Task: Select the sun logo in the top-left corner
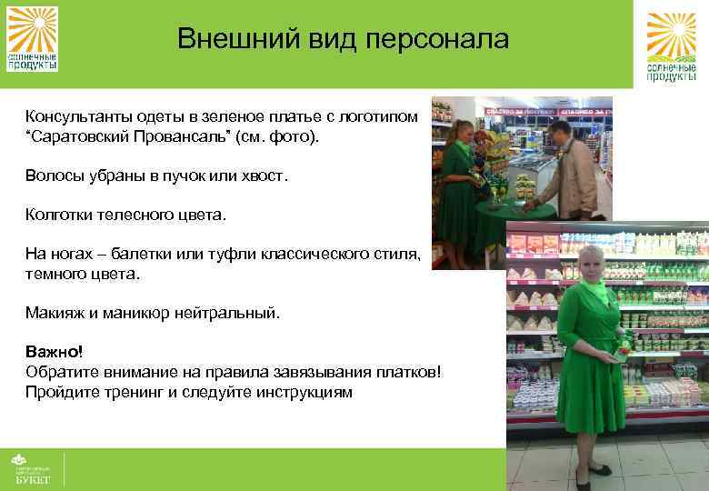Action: (33, 37)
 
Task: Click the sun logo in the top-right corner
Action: (671, 45)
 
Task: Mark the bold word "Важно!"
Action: (53, 351)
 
